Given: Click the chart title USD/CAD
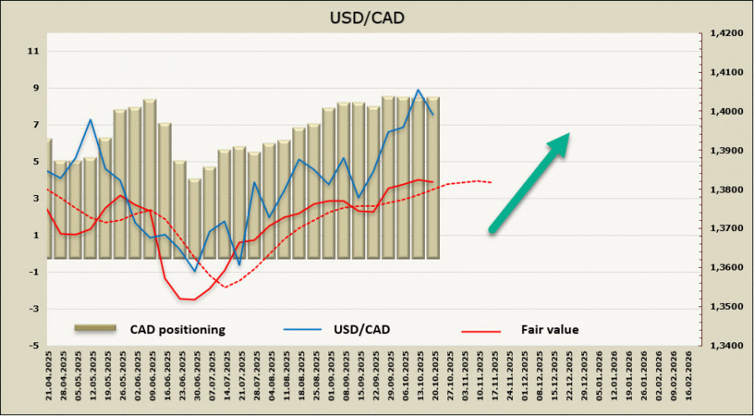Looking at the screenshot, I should (376, 17).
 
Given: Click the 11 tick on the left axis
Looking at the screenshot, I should (34, 51).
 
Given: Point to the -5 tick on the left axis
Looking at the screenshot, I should (34, 346).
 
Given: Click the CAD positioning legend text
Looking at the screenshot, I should (177, 330).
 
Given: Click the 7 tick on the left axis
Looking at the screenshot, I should (34, 125).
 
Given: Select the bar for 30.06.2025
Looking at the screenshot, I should (194, 218).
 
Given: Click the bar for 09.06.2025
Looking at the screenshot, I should (149, 178).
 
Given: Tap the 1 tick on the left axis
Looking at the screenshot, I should (34, 235).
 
